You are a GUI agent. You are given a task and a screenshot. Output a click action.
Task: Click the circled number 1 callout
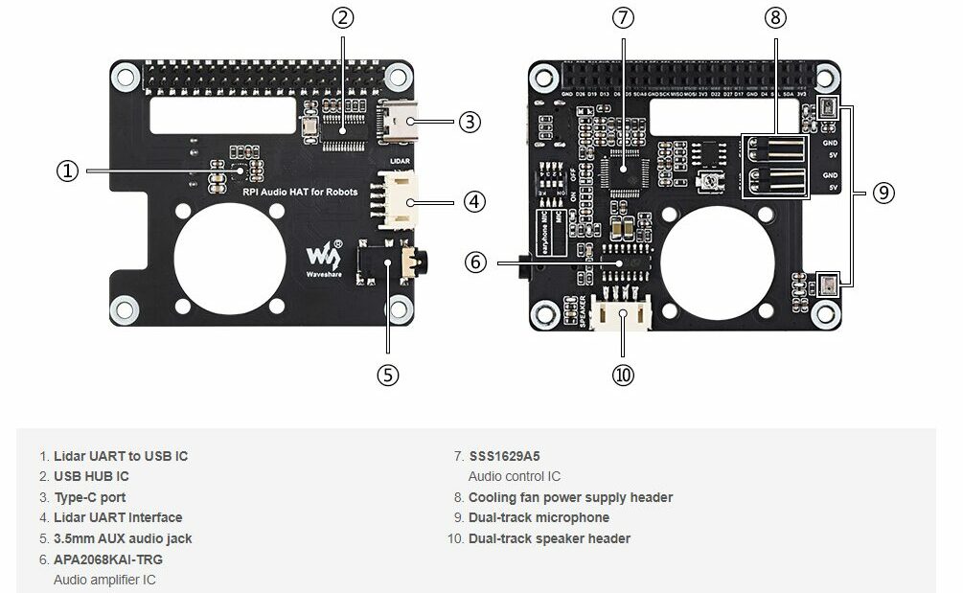(67, 171)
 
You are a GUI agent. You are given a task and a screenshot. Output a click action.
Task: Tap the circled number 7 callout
(623, 18)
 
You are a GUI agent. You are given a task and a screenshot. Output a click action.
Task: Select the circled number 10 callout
(623, 375)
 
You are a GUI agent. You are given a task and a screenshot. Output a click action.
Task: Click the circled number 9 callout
(883, 193)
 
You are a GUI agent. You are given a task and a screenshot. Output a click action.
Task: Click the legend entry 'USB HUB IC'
(91, 476)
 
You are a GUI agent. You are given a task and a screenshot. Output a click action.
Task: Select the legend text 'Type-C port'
(89, 497)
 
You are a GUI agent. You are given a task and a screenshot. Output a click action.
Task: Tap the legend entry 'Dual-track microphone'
(539, 517)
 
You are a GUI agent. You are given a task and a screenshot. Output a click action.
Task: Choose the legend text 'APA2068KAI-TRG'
(107, 559)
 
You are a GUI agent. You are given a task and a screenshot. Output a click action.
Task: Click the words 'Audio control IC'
(515, 476)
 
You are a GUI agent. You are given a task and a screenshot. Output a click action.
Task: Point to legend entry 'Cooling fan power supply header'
(570, 497)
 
